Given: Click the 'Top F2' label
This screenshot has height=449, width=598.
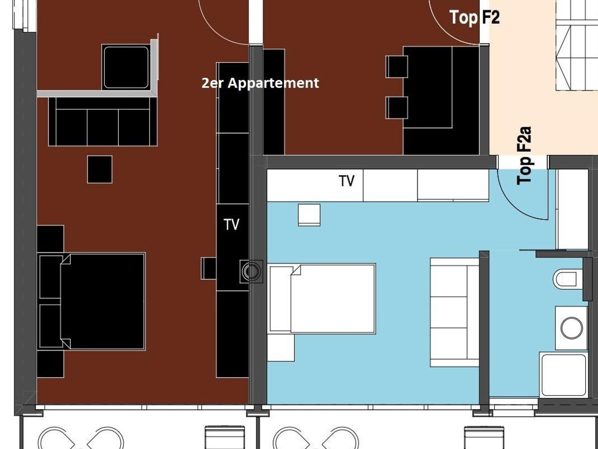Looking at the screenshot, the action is point(474,17).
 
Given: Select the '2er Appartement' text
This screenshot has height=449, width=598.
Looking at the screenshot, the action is point(260,83).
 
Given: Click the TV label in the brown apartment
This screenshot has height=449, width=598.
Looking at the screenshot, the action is point(232,224).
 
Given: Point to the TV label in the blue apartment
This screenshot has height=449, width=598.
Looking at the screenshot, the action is point(347,181).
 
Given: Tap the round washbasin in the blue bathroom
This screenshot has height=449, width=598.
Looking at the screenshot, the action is point(571,328).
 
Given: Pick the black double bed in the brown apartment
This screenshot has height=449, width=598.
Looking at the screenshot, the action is point(91,301).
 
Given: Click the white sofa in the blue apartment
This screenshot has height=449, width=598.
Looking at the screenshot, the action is point(455,312).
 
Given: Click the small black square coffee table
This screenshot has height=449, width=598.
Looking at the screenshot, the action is point(100,170).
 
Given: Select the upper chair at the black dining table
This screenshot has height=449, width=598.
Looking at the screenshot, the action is point(397,67).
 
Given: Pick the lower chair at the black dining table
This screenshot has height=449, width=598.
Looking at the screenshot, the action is point(397,108).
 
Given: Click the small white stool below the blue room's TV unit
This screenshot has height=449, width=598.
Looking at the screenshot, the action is point(309,215).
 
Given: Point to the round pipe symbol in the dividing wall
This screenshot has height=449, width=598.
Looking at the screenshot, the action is point(251,272).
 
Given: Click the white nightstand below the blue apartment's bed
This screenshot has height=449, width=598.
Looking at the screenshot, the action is point(281,348).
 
